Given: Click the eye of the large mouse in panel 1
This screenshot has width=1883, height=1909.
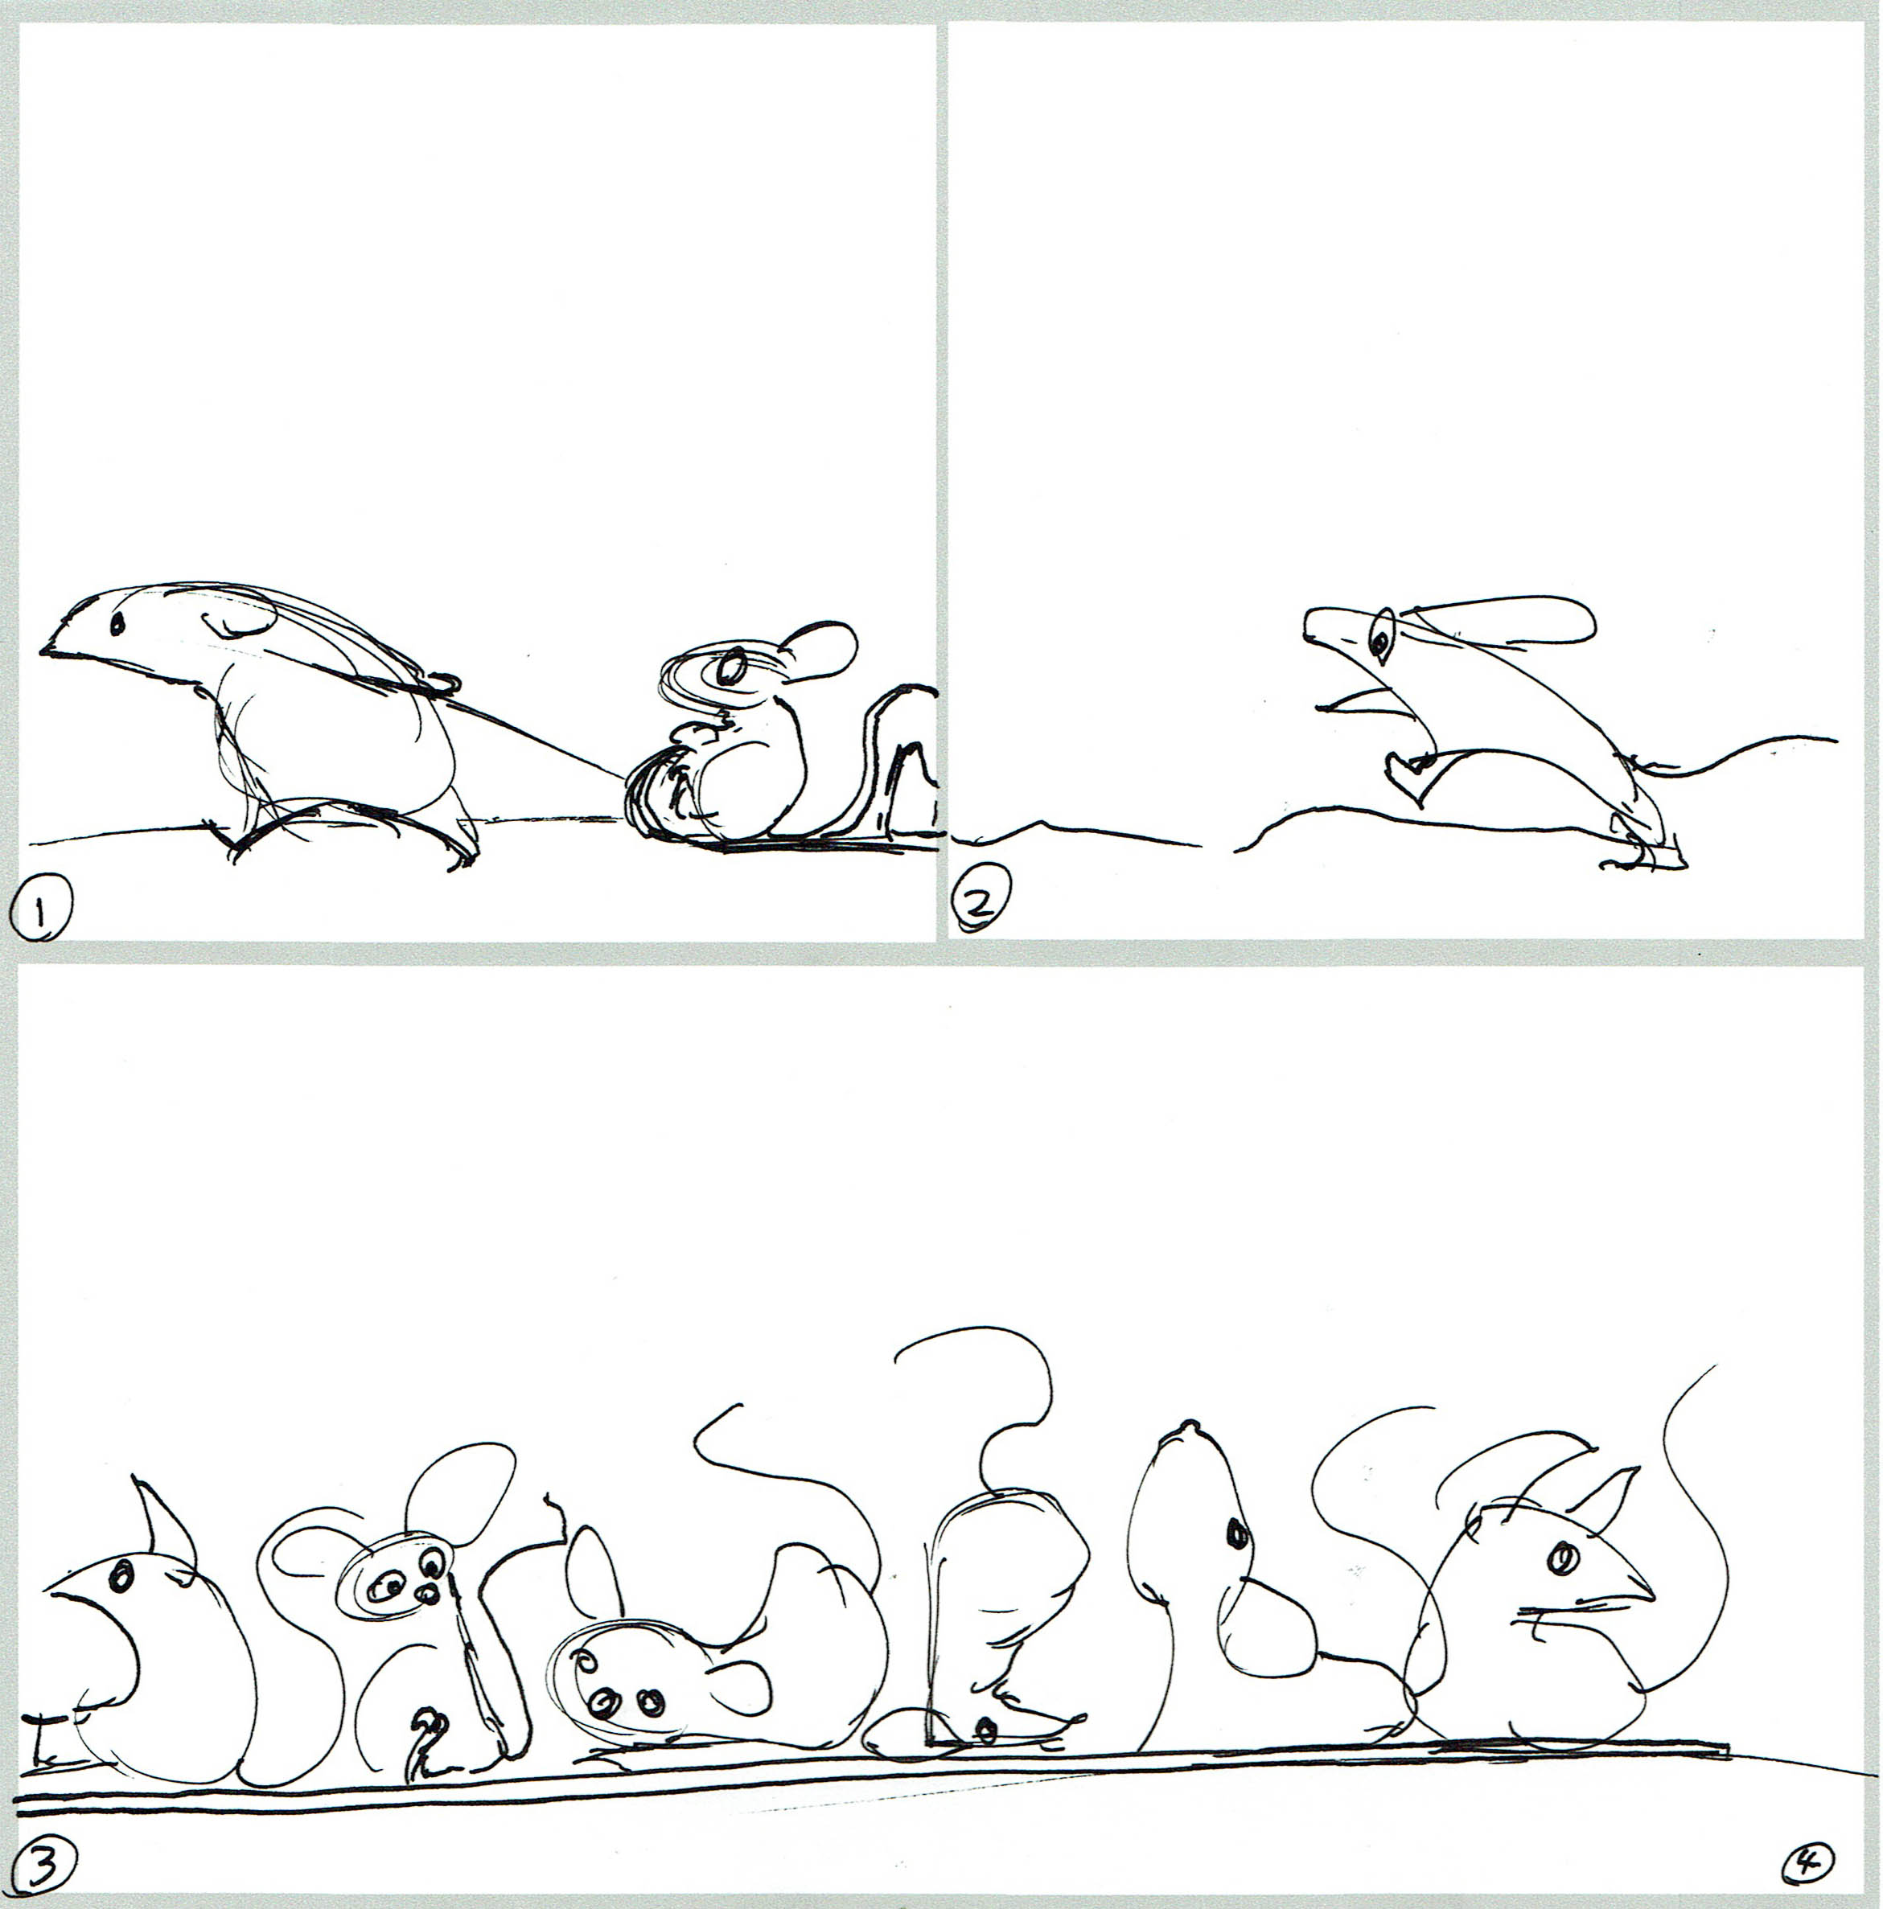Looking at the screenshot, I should point(117,623).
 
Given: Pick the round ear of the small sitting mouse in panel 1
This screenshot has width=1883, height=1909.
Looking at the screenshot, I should point(820,651).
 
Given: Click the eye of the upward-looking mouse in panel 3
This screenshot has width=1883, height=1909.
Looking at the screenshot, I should point(1236,1533).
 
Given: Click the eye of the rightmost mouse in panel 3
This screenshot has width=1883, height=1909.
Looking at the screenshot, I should point(1563,1560).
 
